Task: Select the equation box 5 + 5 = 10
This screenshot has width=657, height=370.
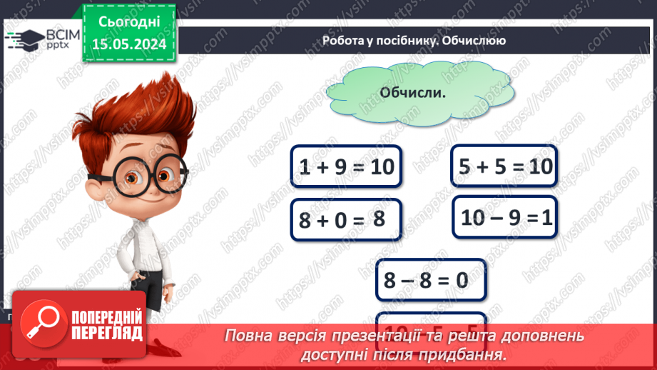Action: tap(503, 166)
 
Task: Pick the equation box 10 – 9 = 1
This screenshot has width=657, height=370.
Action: tap(506, 217)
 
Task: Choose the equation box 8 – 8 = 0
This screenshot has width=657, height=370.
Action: tap(431, 279)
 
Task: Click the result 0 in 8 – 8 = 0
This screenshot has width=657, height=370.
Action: tap(461, 280)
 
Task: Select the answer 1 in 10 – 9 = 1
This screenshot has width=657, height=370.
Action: tap(546, 217)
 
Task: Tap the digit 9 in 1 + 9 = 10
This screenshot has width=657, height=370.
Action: tap(339, 167)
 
